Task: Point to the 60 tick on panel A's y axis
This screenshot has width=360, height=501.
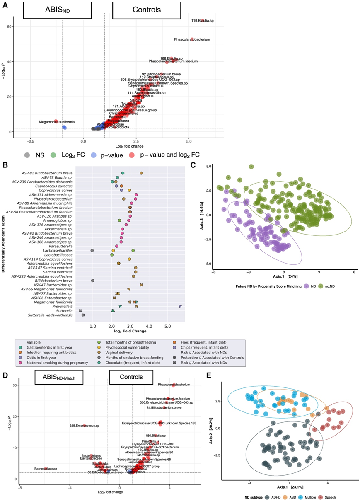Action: tap(9, 27)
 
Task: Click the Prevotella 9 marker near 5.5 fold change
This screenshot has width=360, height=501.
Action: tap(180, 306)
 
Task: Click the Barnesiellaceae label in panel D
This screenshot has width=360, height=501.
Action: tap(45, 469)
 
